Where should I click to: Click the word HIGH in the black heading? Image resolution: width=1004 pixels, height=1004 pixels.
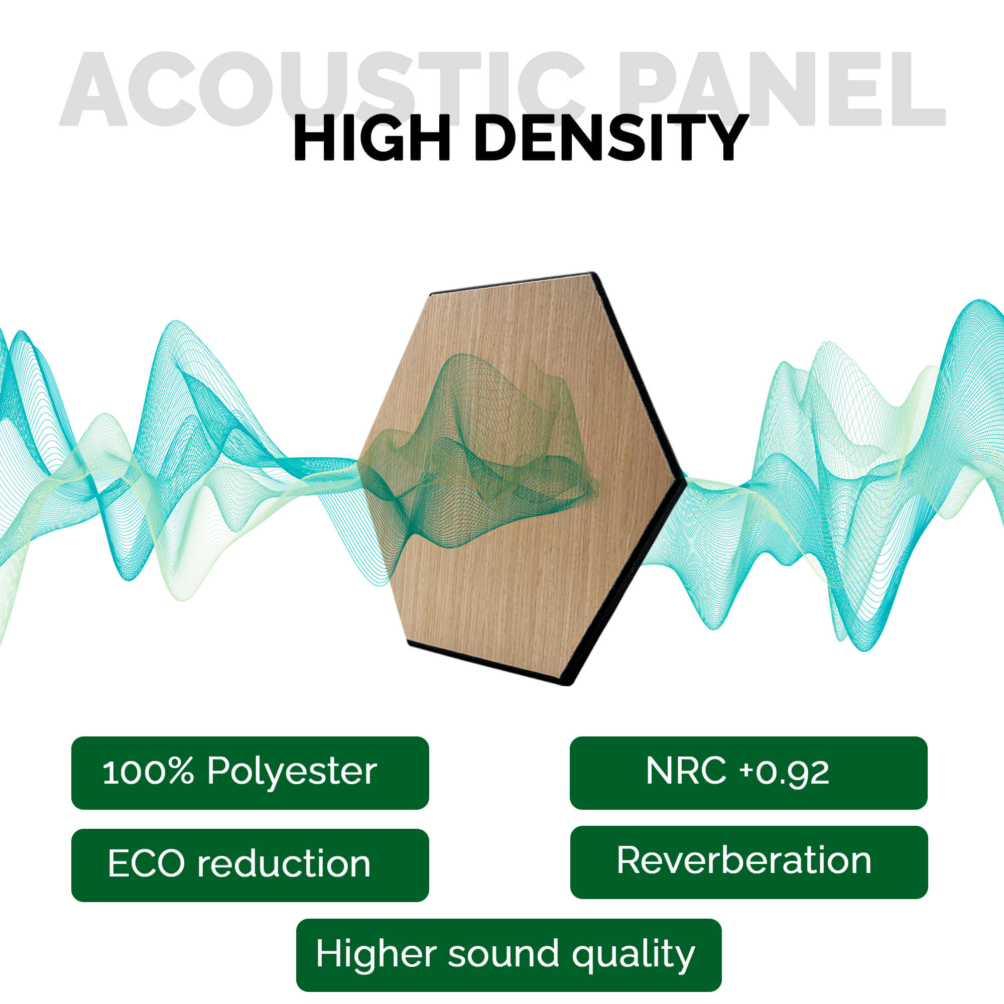click(371, 138)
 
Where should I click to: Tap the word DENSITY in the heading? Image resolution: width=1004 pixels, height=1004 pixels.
click(611, 138)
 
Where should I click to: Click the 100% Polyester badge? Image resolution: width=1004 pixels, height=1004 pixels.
click(250, 773)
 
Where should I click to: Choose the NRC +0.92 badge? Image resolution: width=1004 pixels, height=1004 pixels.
click(748, 773)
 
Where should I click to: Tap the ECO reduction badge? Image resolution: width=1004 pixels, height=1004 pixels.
click(250, 865)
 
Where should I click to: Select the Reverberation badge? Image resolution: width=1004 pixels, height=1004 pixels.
click(749, 862)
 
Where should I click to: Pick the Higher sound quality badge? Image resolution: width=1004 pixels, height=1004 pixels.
click(509, 955)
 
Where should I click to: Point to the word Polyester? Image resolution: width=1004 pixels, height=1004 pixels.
click(292, 772)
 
